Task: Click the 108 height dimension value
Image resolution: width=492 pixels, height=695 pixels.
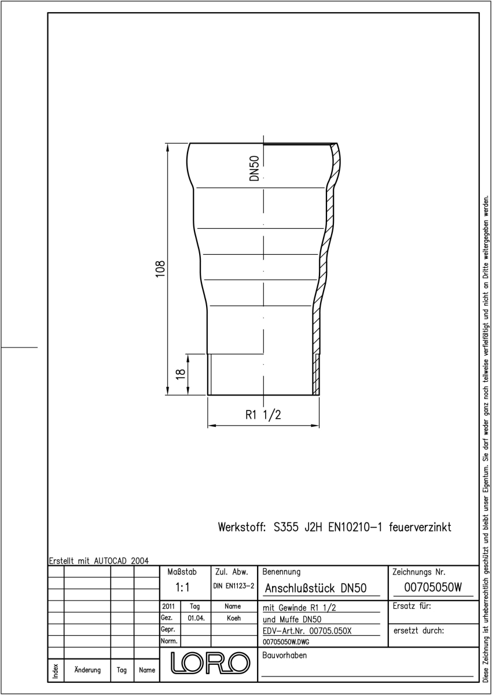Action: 160,269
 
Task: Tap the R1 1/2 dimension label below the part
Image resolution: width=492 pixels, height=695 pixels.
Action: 263,415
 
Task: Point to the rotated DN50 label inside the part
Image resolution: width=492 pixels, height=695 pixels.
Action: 254,168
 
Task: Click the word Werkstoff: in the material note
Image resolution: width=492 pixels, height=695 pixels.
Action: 242,527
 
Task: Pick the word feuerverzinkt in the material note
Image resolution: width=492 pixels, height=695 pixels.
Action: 420,527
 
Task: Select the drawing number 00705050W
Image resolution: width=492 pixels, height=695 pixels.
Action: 433,587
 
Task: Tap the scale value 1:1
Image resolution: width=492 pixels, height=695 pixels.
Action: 182,587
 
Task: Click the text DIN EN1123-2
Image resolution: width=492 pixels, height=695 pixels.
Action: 234,586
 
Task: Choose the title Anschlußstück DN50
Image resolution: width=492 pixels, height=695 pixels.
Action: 315,588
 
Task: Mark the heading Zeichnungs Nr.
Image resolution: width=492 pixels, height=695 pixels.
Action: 419,572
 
